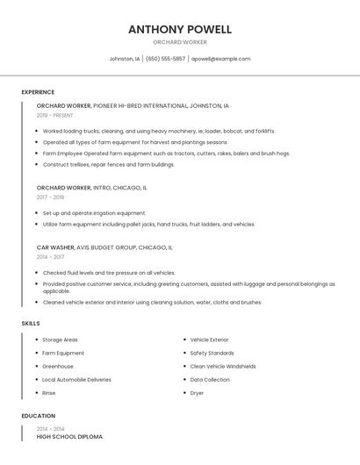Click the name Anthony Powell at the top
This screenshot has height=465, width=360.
point(180,29)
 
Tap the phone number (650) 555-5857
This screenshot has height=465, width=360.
point(165,59)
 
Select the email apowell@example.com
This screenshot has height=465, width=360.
point(220,59)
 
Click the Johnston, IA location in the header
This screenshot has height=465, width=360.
point(124,59)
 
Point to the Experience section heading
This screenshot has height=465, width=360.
point(38,92)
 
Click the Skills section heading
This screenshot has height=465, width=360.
point(31,324)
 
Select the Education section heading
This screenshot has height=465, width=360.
point(38,416)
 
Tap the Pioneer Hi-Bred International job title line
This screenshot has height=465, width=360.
point(133,105)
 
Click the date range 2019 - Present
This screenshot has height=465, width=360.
point(55,115)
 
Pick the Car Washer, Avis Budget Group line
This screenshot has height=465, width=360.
point(104,247)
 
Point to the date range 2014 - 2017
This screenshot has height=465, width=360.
point(50,257)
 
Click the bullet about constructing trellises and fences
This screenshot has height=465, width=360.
point(109,164)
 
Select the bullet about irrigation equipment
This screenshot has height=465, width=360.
point(95,213)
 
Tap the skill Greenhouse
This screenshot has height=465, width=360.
point(58,367)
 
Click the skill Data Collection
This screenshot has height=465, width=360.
point(210,380)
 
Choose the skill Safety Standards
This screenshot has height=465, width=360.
point(212,353)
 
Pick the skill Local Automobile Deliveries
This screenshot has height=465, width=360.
point(76,380)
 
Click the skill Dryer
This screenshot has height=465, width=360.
point(197,393)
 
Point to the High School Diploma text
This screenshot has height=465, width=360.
point(69,436)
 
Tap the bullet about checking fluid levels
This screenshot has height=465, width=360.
point(109,273)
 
